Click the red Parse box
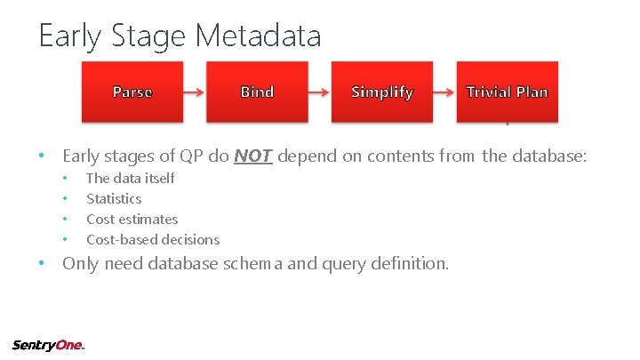click(x=132, y=92)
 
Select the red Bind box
click(x=257, y=92)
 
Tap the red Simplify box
click(x=382, y=92)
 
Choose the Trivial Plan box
click(x=507, y=92)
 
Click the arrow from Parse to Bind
click(x=195, y=92)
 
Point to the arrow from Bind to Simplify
click(x=319, y=92)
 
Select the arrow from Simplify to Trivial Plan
click(x=444, y=92)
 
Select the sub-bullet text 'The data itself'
click(x=130, y=178)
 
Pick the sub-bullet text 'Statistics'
click(x=113, y=198)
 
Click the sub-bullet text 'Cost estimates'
click(x=132, y=219)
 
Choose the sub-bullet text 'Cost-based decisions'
click(x=152, y=239)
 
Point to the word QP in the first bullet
click(x=192, y=156)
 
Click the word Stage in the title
click(x=149, y=36)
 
